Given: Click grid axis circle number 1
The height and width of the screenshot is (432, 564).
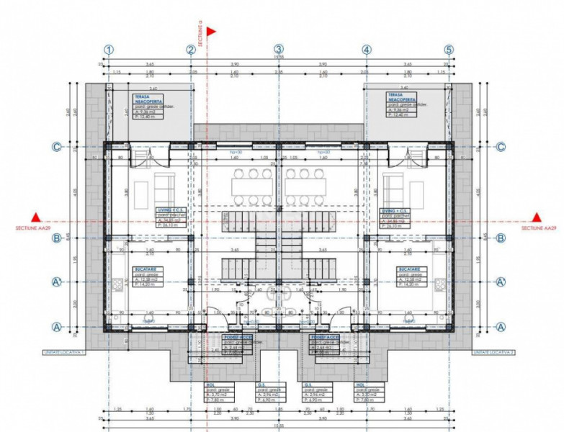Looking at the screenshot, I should point(109,50).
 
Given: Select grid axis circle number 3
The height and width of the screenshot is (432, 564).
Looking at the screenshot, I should point(279,50).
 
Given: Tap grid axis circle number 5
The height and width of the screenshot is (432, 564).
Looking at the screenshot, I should point(449,50).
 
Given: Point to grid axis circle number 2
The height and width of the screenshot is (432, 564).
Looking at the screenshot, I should point(191,50).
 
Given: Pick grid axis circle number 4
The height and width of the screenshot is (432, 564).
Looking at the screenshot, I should point(367,50).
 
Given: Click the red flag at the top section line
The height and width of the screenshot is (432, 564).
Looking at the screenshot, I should point(212,32).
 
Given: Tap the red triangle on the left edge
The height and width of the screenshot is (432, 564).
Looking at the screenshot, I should point(34,217).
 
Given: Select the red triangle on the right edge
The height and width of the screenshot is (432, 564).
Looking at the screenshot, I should point(535,217).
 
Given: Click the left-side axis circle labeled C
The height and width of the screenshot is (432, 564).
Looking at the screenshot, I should point(56,147).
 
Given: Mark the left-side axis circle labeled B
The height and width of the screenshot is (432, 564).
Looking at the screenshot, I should point(56,238).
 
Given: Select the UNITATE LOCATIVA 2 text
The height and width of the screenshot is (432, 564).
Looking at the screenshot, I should point(491,352).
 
